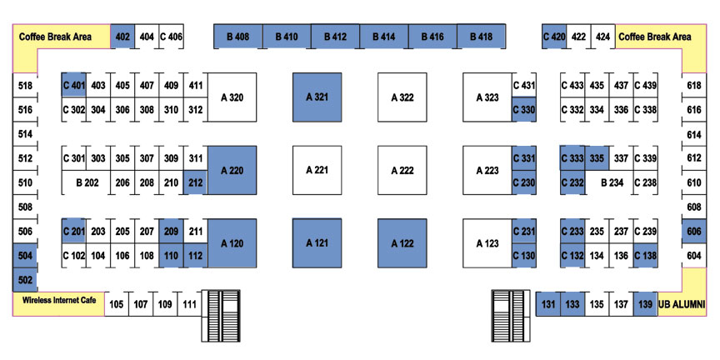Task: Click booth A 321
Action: [317, 97]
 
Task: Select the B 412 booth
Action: [335, 37]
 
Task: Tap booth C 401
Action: [74, 84]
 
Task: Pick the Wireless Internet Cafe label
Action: [59, 300]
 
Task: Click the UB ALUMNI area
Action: [682, 304]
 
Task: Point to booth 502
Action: [25, 279]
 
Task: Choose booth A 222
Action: [402, 170]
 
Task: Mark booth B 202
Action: [87, 182]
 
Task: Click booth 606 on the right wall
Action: [694, 232]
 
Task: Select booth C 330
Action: [524, 109]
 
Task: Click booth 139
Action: [645, 304]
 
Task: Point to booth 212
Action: [196, 182]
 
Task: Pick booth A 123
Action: [487, 243]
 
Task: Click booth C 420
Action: [554, 37]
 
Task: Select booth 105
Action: [117, 304]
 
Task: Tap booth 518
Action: [25, 85]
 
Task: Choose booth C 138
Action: [645, 255]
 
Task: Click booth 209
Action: [172, 231]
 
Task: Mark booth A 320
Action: [232, 97]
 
